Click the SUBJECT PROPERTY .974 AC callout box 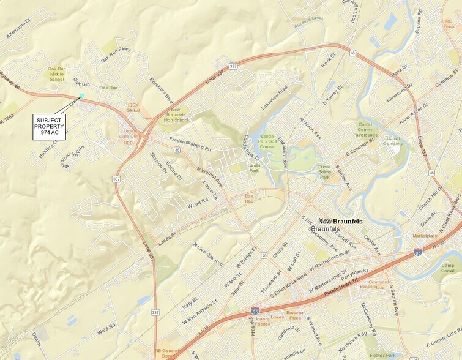point(49,127)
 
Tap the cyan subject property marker point(81,96)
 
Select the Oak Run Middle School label point(56,74)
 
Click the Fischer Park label point(384,355)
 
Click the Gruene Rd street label point(419,20)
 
